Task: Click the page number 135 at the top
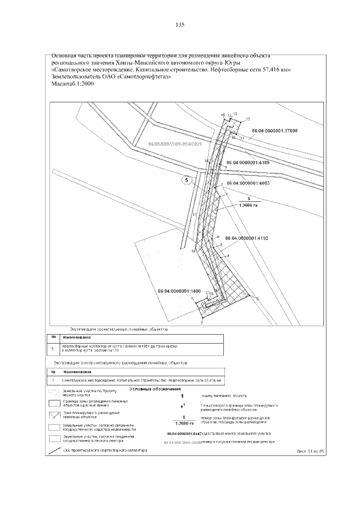[x=180, y=25]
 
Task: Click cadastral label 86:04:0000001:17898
[x=274, y=130]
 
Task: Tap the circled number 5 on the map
[x=187, y=181]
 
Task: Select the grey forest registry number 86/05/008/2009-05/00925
[x=175, y=144]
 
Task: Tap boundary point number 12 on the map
[x=247, y=119]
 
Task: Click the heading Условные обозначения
[x=155, y=389]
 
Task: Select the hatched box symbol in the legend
[x=55, y=416]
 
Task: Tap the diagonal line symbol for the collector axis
[x=55, y=451]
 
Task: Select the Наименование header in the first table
[x=77, y=336]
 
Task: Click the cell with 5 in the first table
[x=53, y=349]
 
